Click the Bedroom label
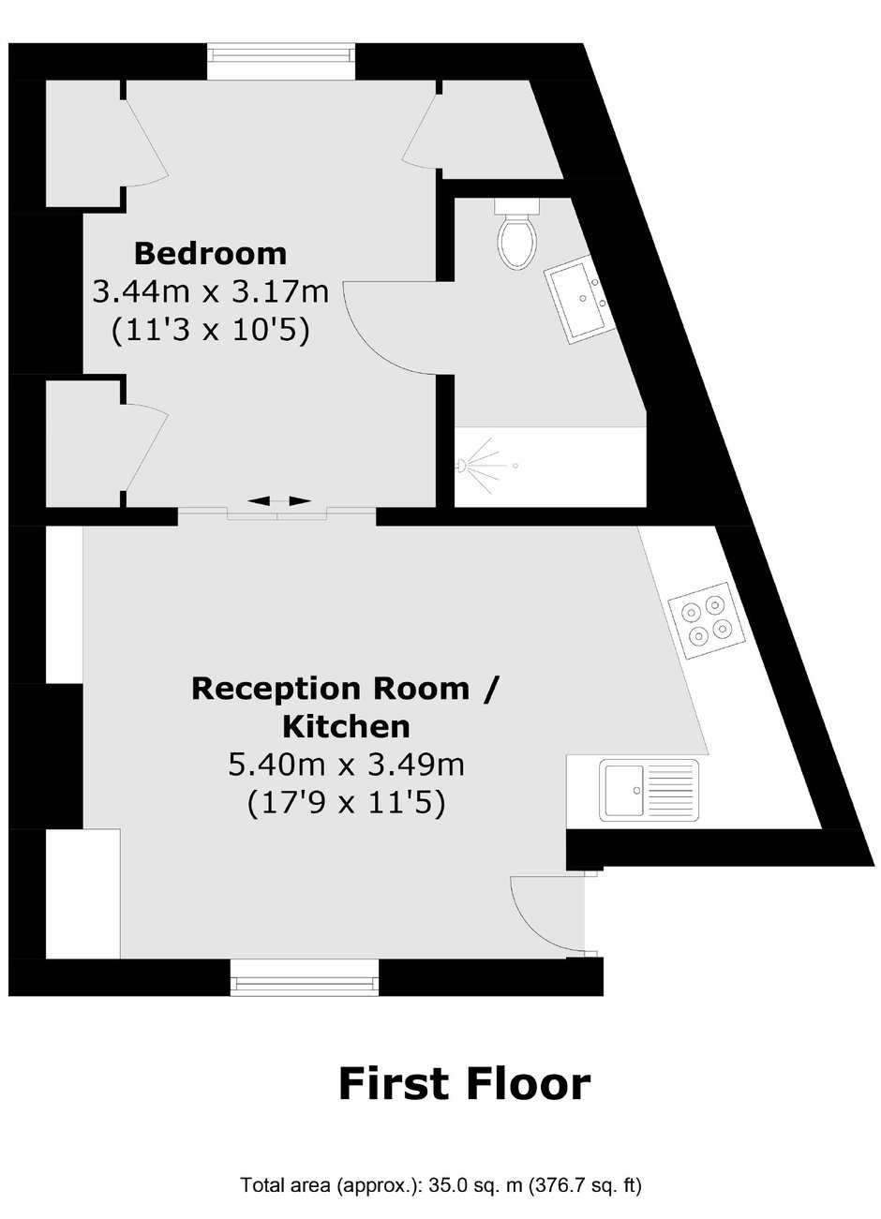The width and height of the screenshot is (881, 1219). click(210, 254)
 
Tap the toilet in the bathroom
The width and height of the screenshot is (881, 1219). click(517, 233)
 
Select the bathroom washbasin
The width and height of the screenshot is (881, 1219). click(581, 300)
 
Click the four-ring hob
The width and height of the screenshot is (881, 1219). click(707, 621)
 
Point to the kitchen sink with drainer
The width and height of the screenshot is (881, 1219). click(650, 790)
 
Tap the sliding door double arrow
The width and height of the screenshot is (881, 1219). click(278, 500)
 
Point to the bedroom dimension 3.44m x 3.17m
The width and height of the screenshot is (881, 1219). click(211, 292)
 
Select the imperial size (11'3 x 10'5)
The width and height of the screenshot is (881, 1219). click(211, 331)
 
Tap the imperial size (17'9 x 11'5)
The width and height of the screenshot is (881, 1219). click(346, 803)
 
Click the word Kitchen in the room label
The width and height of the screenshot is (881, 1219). click(346, 727)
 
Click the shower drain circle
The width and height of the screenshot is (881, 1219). click(515, 466)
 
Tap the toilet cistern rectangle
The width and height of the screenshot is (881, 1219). click(516, 206)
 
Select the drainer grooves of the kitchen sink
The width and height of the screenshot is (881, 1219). click(671, 790)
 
